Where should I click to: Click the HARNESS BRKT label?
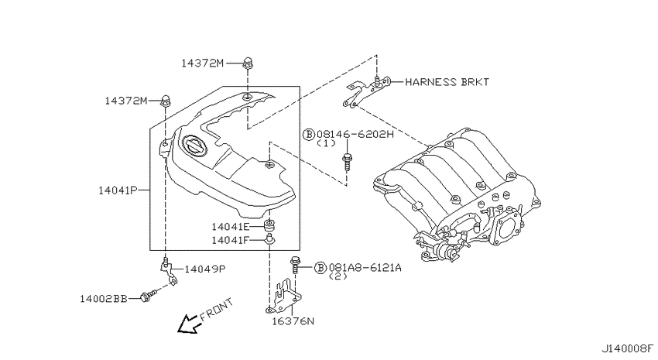tap(447, 82)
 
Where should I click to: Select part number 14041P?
tap(118, 190)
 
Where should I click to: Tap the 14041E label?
tap(231, 227)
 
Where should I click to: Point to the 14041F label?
tap(231, 241)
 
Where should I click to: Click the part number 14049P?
tap(205, 269)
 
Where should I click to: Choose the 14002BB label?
tap(103, 299)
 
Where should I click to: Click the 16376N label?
tap(293, 321)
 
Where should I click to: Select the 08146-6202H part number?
tap(355, 134)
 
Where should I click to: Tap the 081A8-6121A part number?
tap(365, 267)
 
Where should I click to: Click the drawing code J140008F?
tap(628, 348)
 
